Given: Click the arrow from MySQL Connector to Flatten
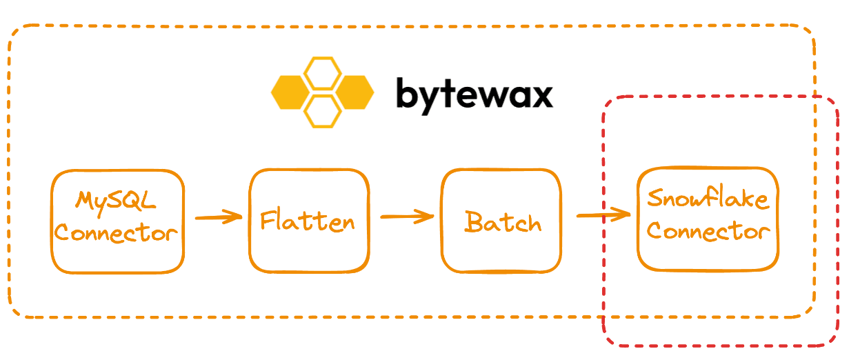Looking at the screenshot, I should pos(219,217).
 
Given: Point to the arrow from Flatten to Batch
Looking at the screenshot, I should pos(407,217).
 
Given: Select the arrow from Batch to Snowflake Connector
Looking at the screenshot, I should pos(603,215).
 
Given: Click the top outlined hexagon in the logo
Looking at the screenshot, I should pos(322,73).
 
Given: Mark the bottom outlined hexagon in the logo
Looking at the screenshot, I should pos(322,111).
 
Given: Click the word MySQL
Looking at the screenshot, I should pos(116,202).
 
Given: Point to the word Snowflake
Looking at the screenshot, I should pos(708,199).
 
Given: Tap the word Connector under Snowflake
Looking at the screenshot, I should pos(708,230).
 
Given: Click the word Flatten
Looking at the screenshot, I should pos(308,221).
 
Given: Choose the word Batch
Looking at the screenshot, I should pos(503,222).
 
